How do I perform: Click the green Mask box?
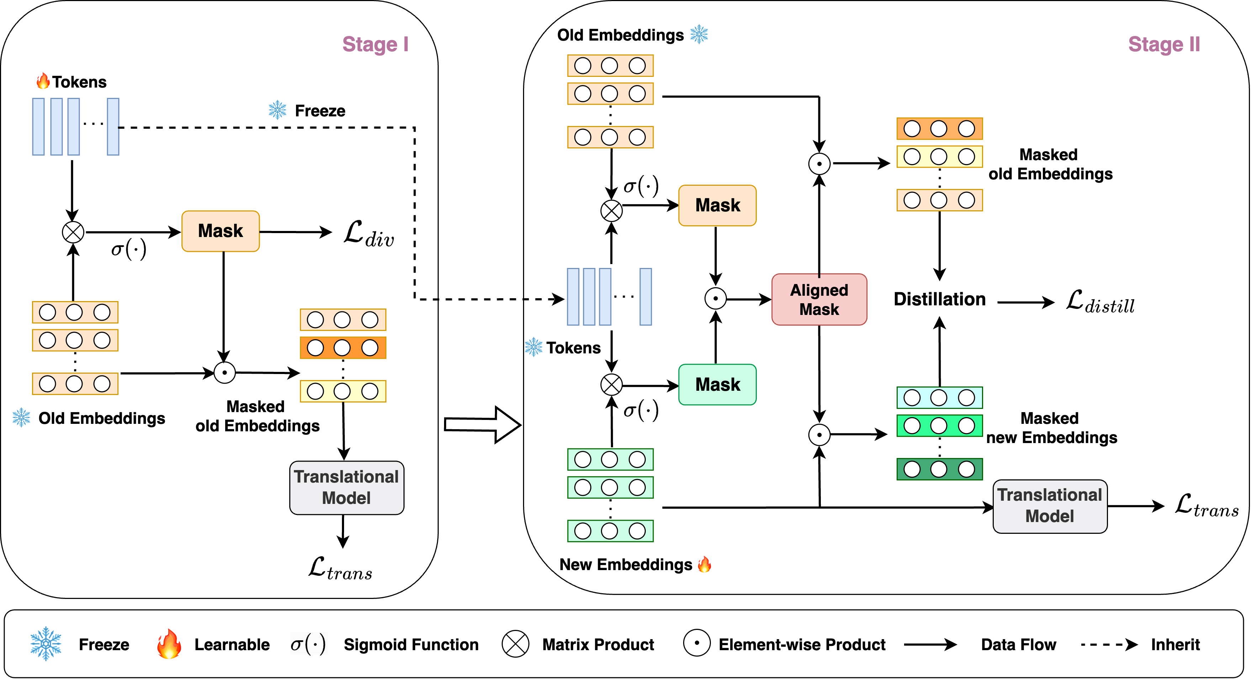point(717,384)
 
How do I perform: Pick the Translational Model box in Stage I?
point(346,487)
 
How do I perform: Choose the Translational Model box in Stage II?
point(1050,506)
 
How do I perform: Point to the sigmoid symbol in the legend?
point(308,644)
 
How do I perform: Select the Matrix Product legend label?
point(598,644)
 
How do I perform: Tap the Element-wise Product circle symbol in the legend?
point(696,643)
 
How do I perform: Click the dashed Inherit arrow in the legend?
point(1109,644)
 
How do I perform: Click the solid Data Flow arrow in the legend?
point(930,644)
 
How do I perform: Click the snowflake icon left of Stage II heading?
point(699,34)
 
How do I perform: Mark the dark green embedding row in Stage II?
point(939,469)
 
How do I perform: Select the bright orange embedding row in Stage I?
point(343,348)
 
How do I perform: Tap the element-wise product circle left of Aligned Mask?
point(716,298)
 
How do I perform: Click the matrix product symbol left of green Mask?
point(611,385)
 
